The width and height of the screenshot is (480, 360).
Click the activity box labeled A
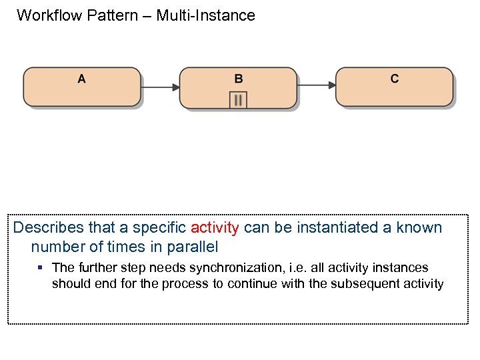[x=82, y=87]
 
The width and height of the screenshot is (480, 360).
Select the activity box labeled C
[x=394, y=87]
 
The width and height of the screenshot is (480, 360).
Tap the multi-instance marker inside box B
[x=238, y=100]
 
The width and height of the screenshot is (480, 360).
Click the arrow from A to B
[x=160, y=87]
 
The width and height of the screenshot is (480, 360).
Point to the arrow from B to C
[x=316, y=85]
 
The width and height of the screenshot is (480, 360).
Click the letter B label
[x=239, y=79]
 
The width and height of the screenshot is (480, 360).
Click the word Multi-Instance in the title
[x=205, y=15]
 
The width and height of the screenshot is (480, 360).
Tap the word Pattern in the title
[x=114, y=15]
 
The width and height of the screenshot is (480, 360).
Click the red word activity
[x=215, y=227]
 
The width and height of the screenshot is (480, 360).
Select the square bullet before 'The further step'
[x=40, y=267]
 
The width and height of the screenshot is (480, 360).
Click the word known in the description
[x=419, y=227]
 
